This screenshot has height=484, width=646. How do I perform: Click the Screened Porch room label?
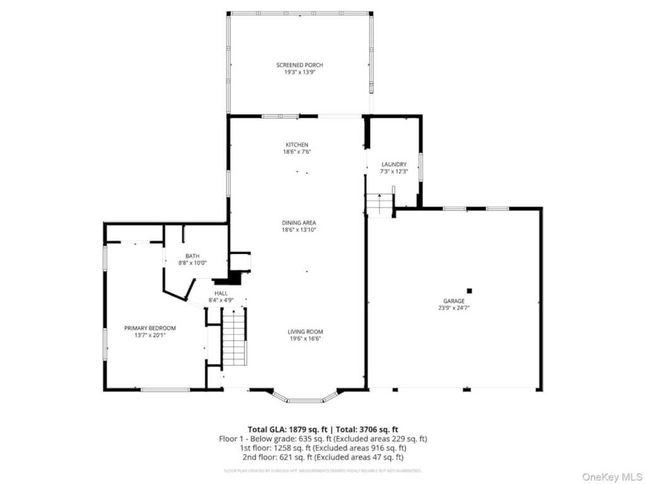(x=300, y=65)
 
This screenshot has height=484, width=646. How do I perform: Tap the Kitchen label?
(x=297, y=145)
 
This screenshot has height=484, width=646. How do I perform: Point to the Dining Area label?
(x=298, y=222)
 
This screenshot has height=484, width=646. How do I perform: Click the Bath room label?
(x=192, y=255)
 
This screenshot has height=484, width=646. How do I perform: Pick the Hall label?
(x=221, y=293)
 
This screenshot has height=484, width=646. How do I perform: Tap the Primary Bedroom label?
(x=150, y=328)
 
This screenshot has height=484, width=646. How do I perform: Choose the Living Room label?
(x=305, y=331)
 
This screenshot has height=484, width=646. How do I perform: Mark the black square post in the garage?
(x=469, y=291)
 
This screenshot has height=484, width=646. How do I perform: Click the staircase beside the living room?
(x=233, y=337)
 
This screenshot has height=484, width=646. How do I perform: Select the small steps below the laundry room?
(x=379, y=205)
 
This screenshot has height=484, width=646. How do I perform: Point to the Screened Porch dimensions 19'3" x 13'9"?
(x=300, y=72)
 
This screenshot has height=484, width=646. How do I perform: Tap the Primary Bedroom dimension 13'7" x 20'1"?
(x=150, y=335)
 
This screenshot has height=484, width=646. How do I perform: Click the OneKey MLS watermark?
(x=610, y=475)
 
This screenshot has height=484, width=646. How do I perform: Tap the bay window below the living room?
(x=305, y=398)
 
